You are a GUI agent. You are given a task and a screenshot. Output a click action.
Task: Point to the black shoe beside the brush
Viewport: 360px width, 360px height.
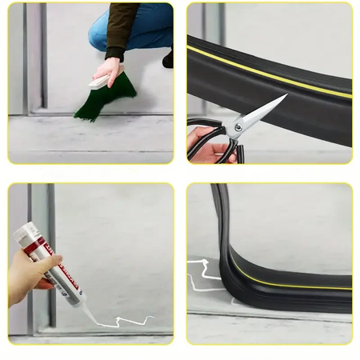click(x=168, y=58)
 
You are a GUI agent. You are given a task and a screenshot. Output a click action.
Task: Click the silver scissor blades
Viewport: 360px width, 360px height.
click(x=265, y=113)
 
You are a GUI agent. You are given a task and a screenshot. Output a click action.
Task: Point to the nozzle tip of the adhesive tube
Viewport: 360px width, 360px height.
click(x=95, y=322)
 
